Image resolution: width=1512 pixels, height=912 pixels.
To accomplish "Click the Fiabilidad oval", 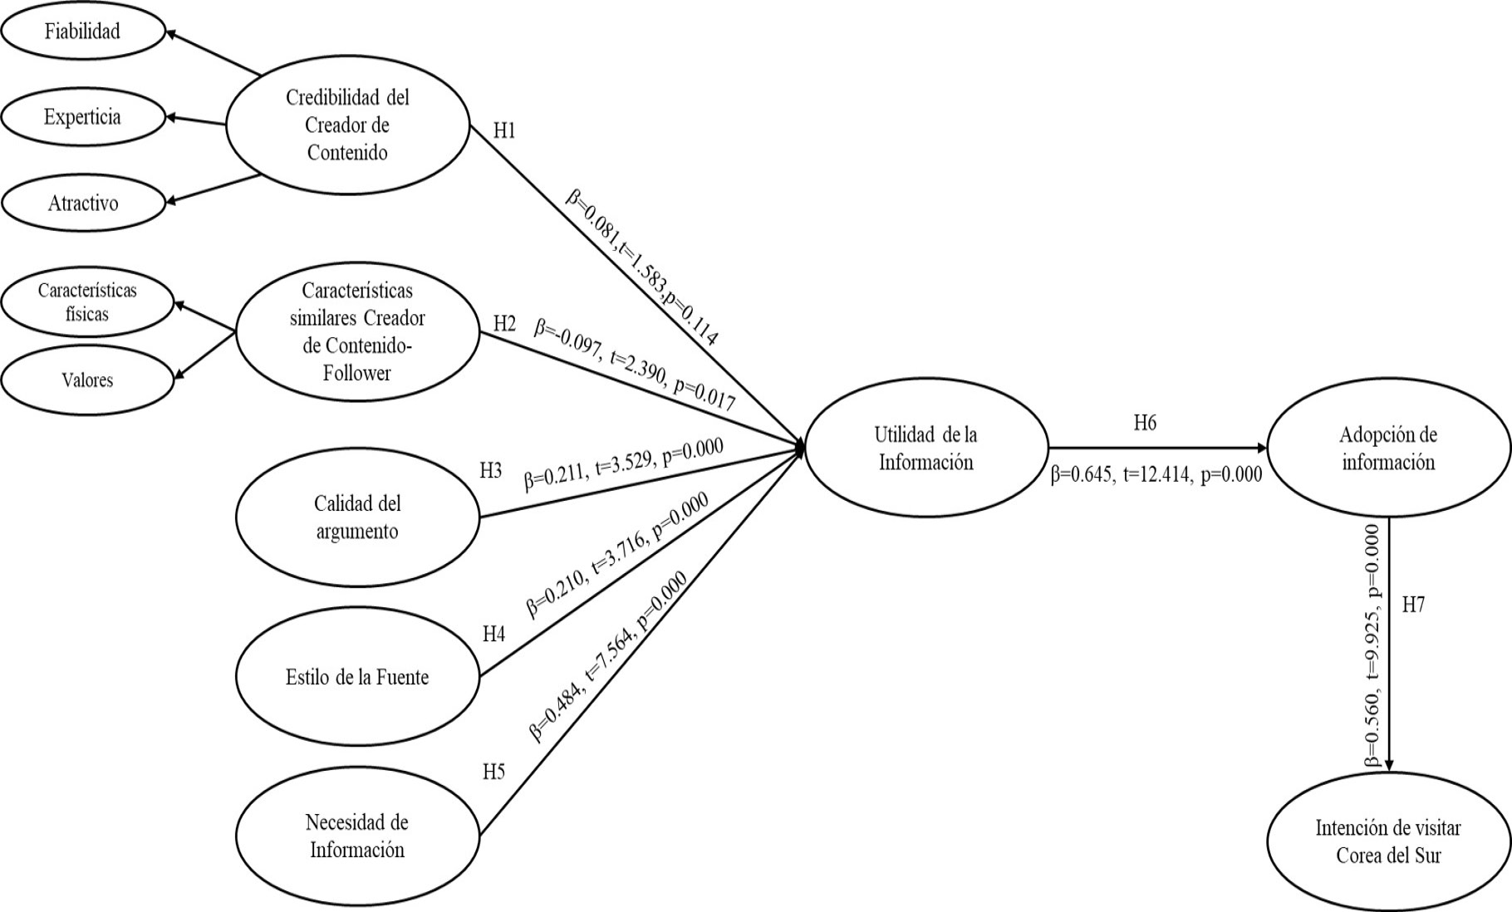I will (x=83, y=32).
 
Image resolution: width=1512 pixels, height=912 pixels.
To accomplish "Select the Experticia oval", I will (x=83, y=117).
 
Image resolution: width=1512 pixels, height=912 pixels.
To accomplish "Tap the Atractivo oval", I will (x=83, y=203).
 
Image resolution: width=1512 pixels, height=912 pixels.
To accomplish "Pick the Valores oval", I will (x=87, y=380).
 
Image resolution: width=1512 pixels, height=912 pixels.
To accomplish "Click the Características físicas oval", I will (x=87, y=302).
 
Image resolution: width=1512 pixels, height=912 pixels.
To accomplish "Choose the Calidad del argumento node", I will (x=357, y=517).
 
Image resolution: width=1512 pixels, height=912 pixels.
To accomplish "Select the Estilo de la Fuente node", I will (x=357, y=677).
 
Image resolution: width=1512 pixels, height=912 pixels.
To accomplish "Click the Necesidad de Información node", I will (x=357, y=836).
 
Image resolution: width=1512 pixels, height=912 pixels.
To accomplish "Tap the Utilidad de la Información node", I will (x=926, y=449).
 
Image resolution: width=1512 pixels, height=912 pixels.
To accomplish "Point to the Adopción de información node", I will (x=1388, y=449).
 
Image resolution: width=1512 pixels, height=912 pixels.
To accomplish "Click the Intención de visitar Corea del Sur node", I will (x=1388, y=841).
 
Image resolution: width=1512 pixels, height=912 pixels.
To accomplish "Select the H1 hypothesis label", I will (x=505, y=131).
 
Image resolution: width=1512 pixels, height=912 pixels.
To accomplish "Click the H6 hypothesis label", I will (x=1145, y=424).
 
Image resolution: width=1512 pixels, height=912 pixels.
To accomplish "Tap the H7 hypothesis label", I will (x=1413, y=606).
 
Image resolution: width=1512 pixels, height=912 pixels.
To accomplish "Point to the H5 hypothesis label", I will (x=494, y=772).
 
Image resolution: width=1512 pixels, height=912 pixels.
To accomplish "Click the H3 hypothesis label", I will (x=491, y=471).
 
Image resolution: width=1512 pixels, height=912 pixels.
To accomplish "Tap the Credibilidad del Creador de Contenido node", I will (x=348, y=125).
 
